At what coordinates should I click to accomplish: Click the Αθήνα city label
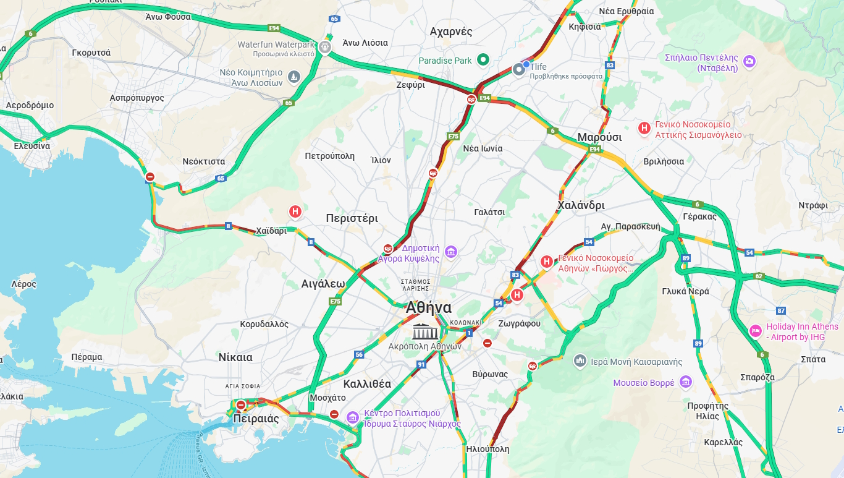pyautogui.click(x=429, y=308)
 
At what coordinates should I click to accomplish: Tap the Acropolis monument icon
pyautogui.click(x=426, y=331)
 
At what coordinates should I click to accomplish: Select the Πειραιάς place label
pyautogui.click(x=256, y=419)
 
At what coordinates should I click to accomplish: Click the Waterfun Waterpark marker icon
pyautogui.click(x=325, y=47)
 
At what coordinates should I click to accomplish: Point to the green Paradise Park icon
pyautogui.click(x=484, y=60)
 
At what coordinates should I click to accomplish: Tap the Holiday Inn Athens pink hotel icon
pyautogui.click(x=755, y=331)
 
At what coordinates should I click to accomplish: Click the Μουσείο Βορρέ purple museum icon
pyautogui.click(x=685, y=383)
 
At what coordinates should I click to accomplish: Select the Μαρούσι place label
pyautogui.click(x=599, y=137)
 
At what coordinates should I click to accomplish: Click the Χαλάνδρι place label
pyautogui.click(x=581, y=205)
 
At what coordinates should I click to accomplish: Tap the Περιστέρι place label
pyautogui.click(x=352, y=218)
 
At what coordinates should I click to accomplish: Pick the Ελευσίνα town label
pyautogui.click(x=32, y=146)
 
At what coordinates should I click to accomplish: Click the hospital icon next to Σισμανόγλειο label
pyautogui.click(x=644, y=128)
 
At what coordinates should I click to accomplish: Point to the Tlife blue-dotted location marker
pyautogui.click(x=519, y=69)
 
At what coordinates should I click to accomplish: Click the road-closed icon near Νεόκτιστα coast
pyautogui.click(x=150, y=177)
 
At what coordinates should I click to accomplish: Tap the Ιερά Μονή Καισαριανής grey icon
pyautogui.click(x=580, y=361)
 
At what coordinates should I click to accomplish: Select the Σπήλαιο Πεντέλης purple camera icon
pyautogui.click(x=749, y=61)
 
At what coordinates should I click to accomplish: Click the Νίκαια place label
pyautogui.click(x=235, y=357)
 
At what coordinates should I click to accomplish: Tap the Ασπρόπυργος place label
pyautogui.click(x=137, y=98)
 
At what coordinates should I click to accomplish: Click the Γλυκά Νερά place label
pyautogui.click(x=685, y=291)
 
